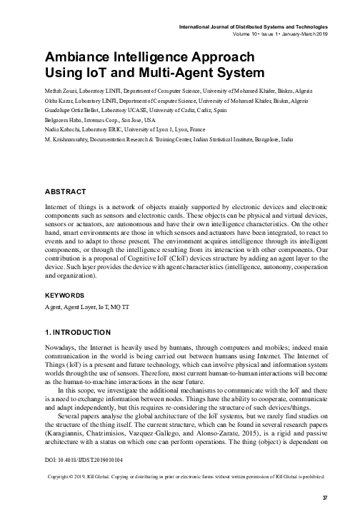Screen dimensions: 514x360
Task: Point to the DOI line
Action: [x=74, y=460]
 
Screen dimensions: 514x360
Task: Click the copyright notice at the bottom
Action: [x=184, y=477]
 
